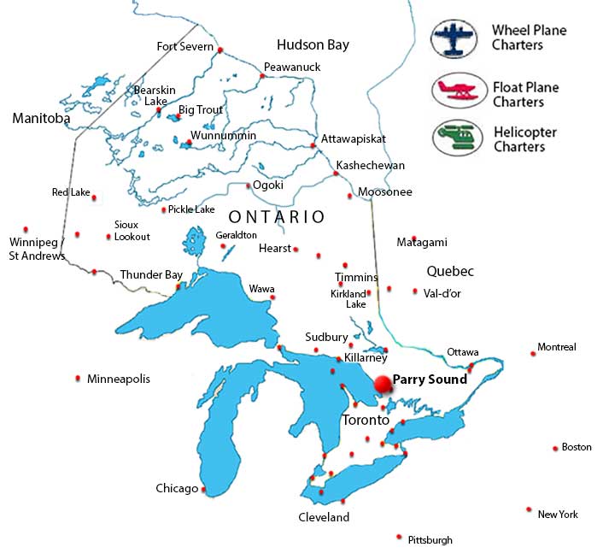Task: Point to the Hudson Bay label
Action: point(313,44)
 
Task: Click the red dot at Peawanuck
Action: point(262,76)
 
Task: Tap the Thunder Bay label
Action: point(151,274)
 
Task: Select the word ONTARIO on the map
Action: point(277,217)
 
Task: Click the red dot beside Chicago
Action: point(203,490)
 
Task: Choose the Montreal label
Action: point(557,347)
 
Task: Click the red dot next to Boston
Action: point(554,447)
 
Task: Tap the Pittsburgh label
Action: point(430,539)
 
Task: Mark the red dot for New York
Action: point(530,509)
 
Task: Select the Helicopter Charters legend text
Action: point(524,139)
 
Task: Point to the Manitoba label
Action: point(41,119)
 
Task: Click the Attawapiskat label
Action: point(354,138)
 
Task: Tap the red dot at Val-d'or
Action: point(415,291)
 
